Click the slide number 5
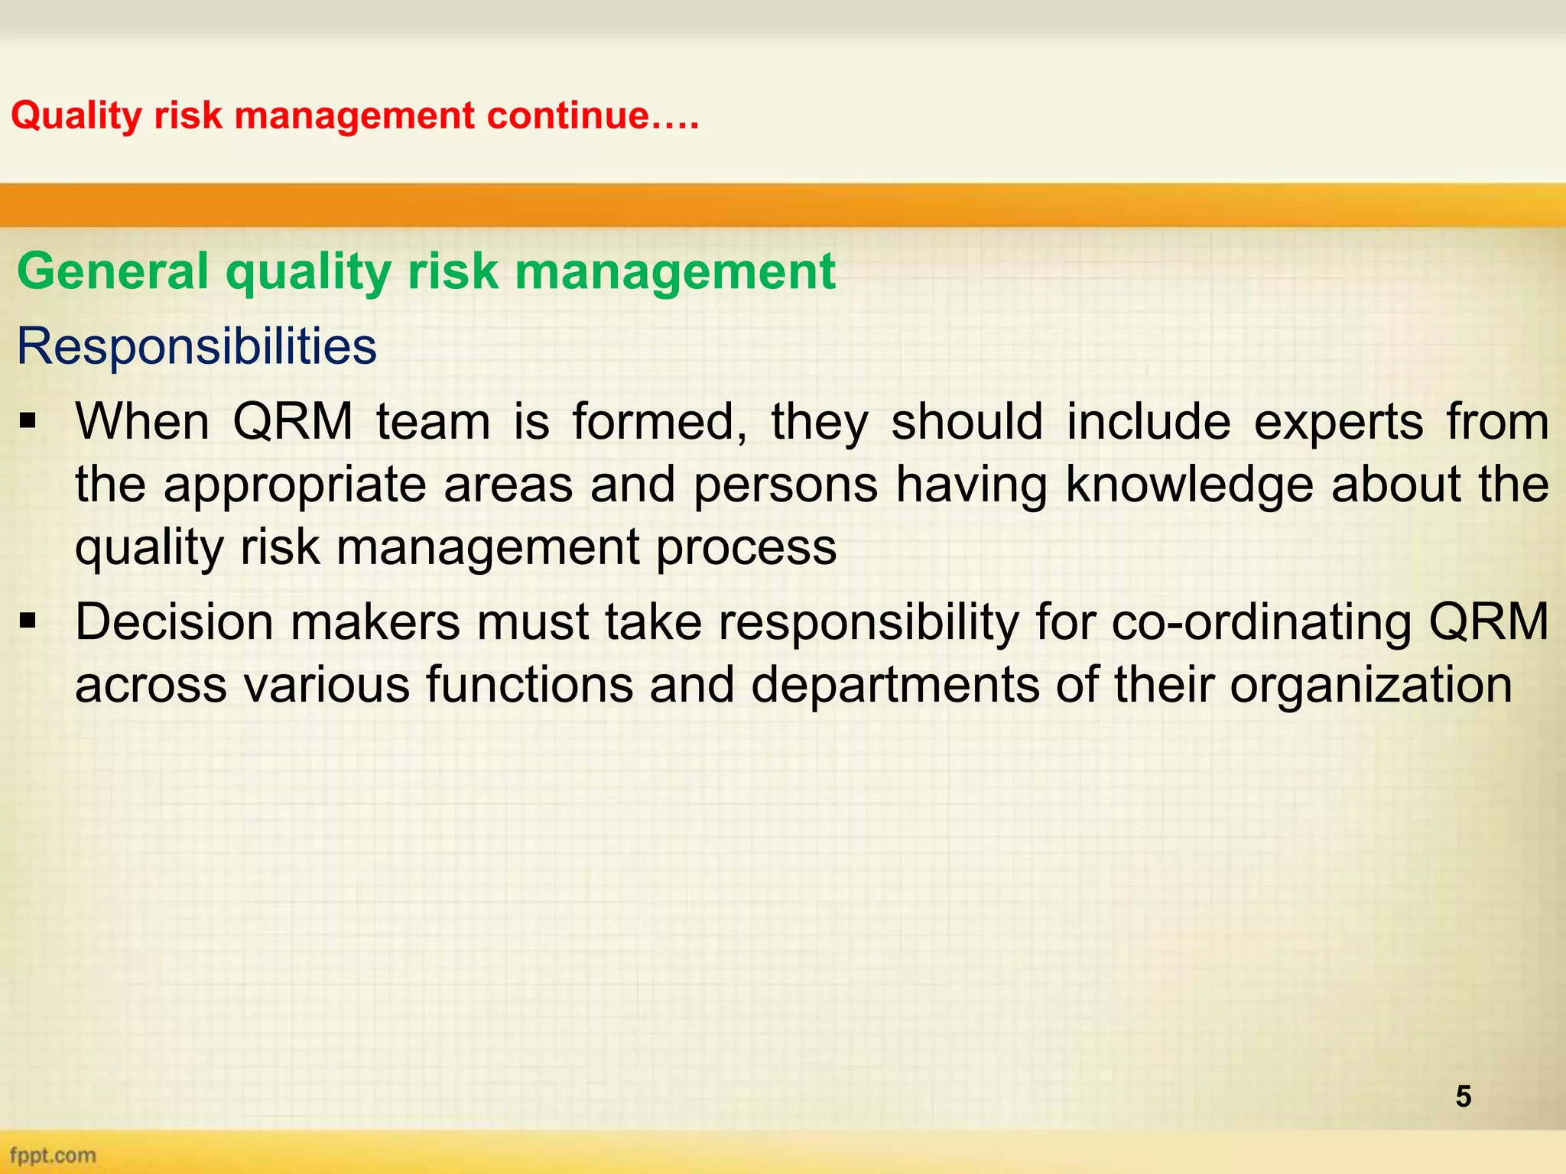(1463, 1096)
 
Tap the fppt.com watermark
(53, 1155)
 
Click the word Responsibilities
(197, 346)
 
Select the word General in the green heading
(112, 271)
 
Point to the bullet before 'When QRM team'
(28, 422)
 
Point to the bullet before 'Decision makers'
(28, 622)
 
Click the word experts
(1338, 423)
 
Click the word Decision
(174, 621)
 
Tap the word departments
(895, 684)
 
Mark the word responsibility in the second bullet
(868, 623)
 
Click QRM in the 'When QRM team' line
(293, 423)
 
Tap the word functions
(529, 684)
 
